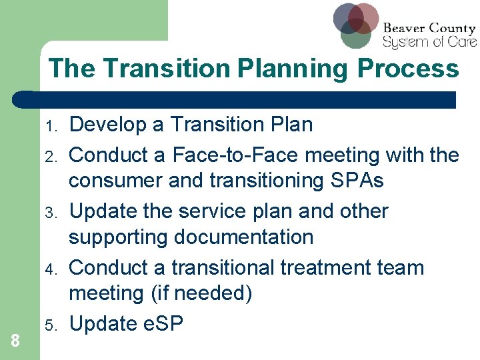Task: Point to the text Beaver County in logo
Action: click(429, 29)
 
